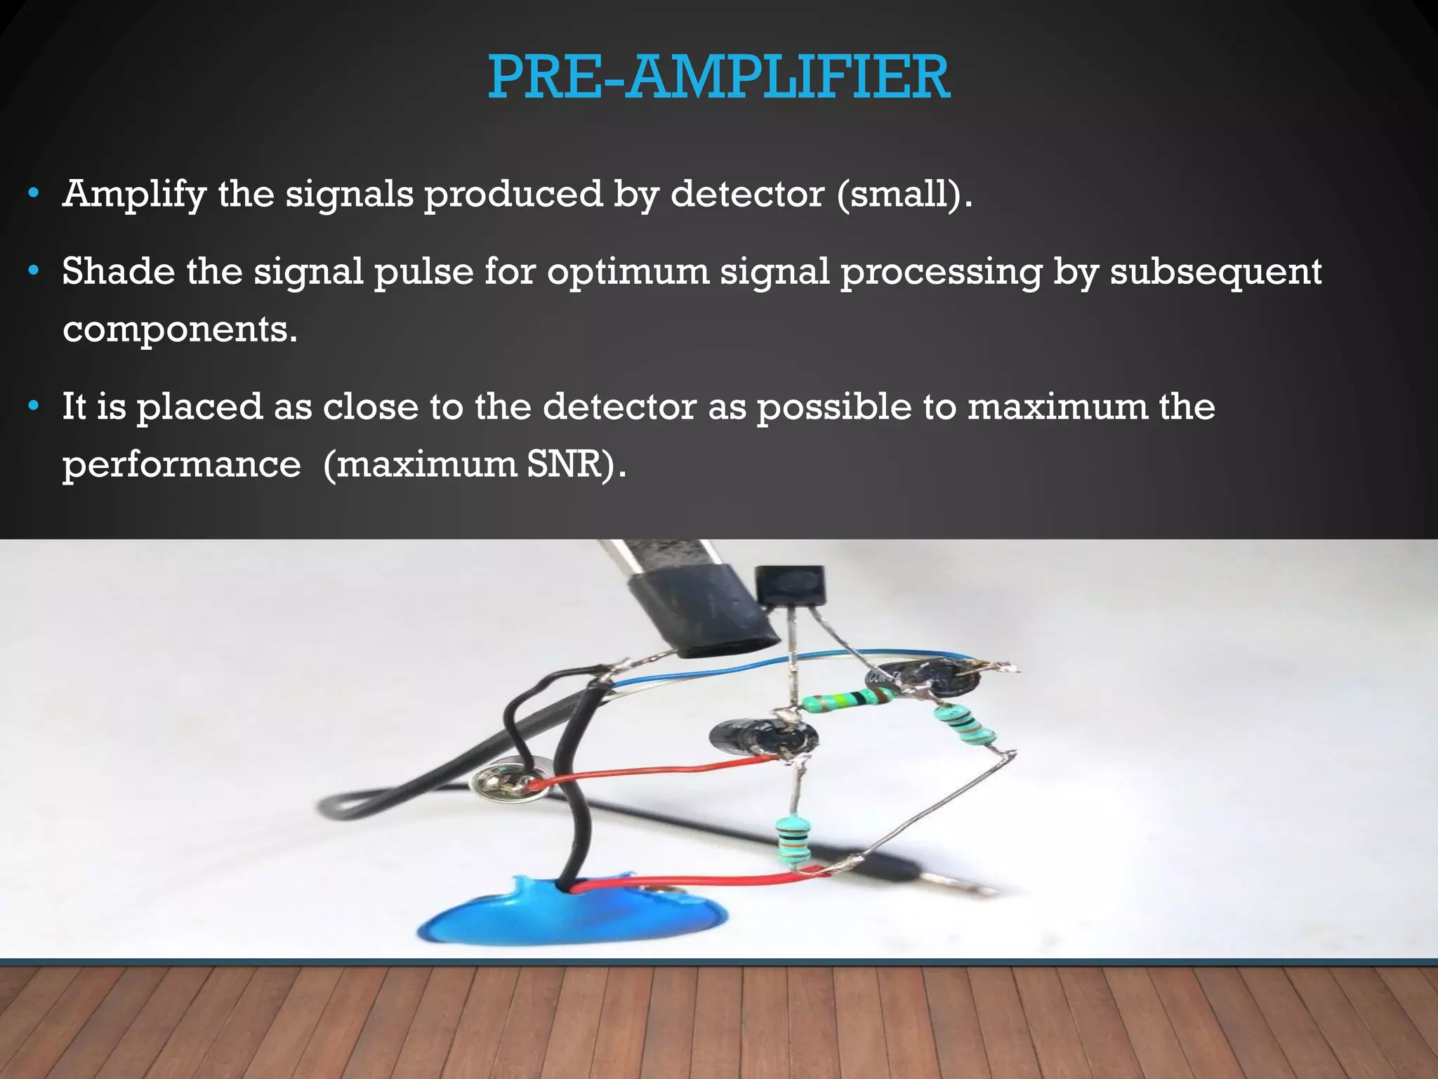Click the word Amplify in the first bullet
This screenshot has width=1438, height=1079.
click(x=134, y=195)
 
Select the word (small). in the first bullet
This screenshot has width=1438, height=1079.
click(x=904, y=195)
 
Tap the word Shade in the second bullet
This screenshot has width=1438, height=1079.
click(x=118, y=271)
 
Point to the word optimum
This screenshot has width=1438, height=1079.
click(x=628, y=273)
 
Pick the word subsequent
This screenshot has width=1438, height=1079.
click(x=1215, y=273)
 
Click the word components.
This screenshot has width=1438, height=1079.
click(x=180, y=329)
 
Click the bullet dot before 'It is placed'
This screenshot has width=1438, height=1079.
click(x=33, y=407)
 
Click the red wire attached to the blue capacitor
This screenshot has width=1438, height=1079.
click(x=702, y=880)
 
